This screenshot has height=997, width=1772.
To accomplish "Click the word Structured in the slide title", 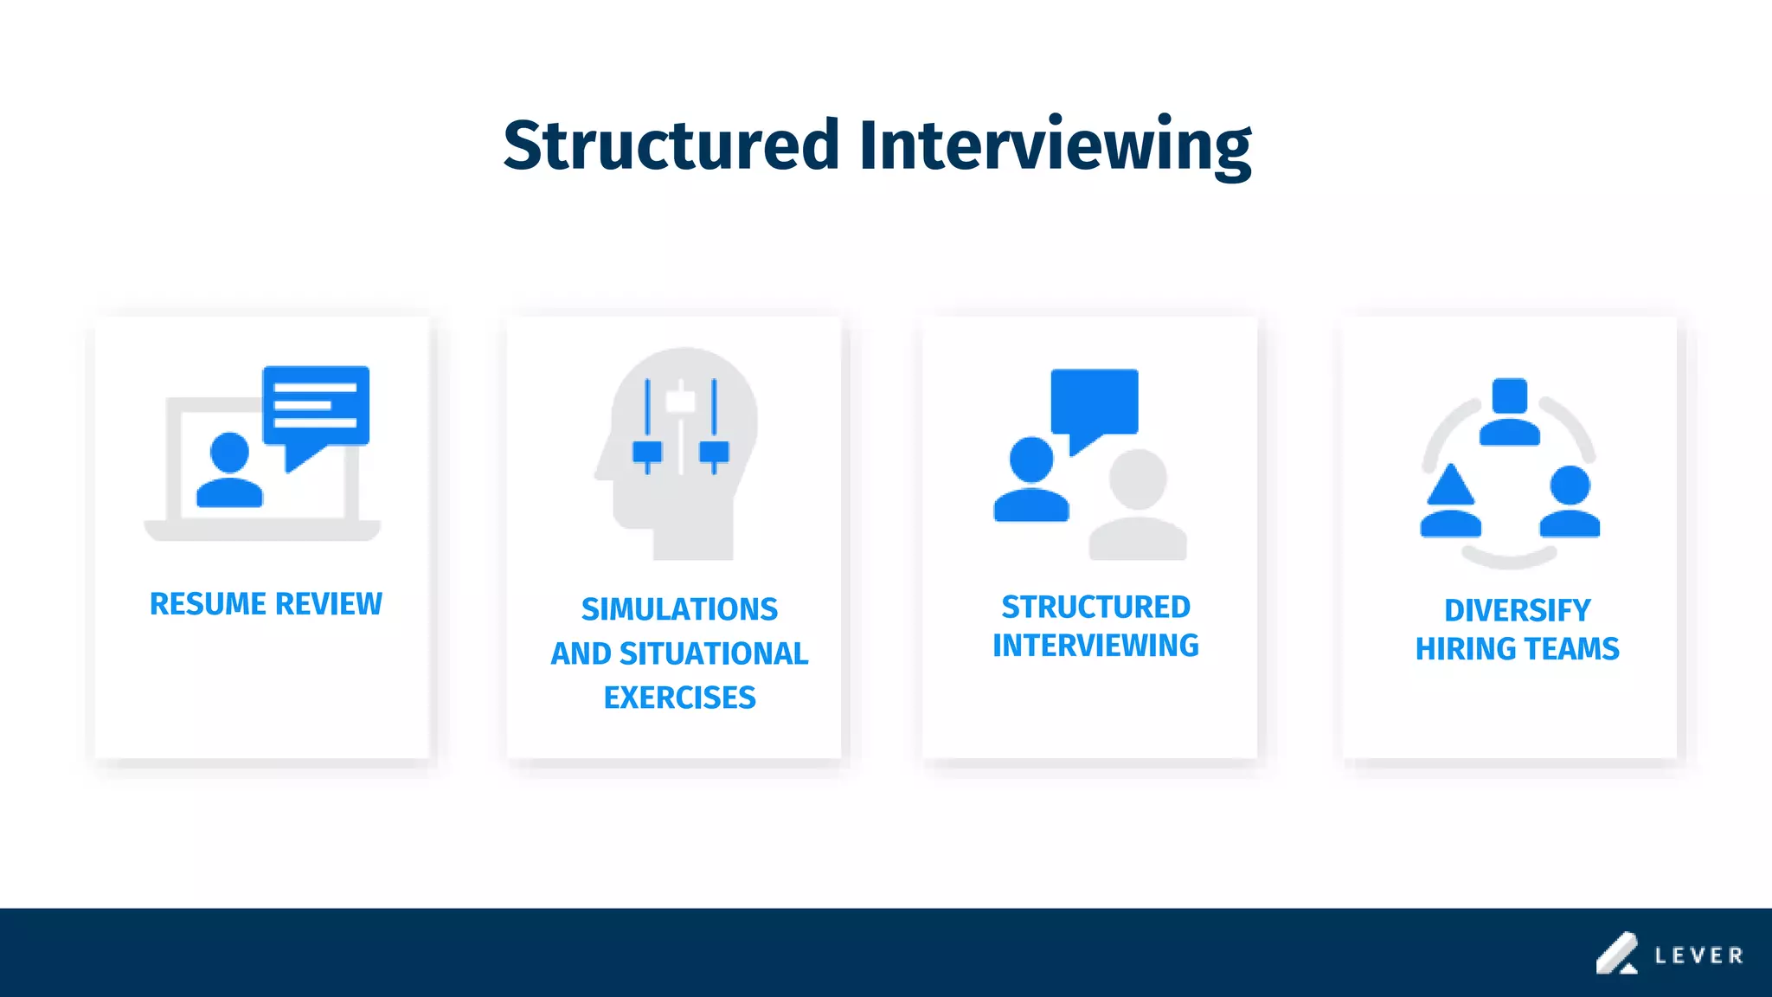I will pyautogui.click(x=671, y=145).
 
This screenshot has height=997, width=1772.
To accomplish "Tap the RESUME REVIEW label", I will pyautogui.click(x=266, y=603).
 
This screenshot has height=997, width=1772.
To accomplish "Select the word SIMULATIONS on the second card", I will pyautogui.click(x=679, y=609).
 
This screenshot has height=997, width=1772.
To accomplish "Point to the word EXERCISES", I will pyautogui.click(x=679, y=698).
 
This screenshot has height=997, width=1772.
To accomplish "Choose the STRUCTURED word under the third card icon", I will pyautogui.click(x=1095, y=607).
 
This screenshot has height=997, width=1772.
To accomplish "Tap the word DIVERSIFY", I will pyautogui.click(x=1517, y=610).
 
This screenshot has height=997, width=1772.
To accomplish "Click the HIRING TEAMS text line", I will pyautogui.click(x=1517, y=648).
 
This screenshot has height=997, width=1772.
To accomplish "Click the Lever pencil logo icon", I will pyautogui.click(x=1616, y=954).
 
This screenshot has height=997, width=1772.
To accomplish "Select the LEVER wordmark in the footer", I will pyautogui.click(x=1698, y=955).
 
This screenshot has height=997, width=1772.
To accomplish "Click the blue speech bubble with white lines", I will pyautogui.click(x=316, y=407).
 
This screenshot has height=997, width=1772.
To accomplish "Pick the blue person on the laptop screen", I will pyautogui.click(x=229, y=472).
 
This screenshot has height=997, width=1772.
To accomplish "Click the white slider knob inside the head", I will pyautogui.click(x=680, y=402).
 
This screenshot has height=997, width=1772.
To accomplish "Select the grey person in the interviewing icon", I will pyautogui.click(x=1138, y=506).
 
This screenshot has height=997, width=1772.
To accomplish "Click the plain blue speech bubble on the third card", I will pyautogui.click(x=1095, y=402).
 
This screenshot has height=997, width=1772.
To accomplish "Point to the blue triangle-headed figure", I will pyautogui.click(x=1450, y=502).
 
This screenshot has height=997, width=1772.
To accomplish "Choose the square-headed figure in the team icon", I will pyautogui.click(x=1510, y=412).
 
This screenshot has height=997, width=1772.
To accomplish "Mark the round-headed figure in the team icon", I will pyautogui.click(x=1570, y=502).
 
